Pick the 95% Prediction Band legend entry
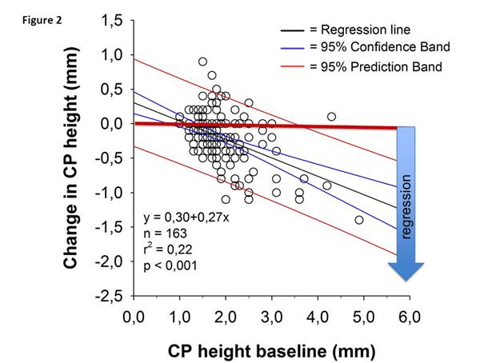(366, 66)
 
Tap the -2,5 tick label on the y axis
(107, 296)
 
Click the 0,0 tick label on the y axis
(110, 124)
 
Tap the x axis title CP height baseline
(271, 349)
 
